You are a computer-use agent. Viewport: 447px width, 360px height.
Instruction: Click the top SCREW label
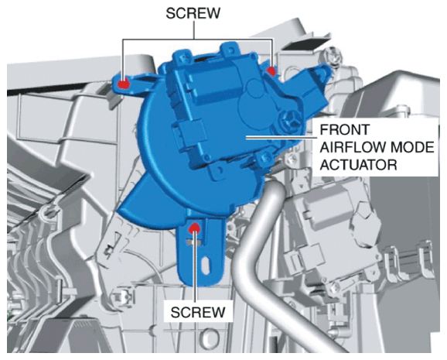193,13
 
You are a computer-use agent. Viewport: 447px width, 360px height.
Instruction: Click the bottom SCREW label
198,312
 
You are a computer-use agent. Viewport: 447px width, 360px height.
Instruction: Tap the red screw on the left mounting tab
124,84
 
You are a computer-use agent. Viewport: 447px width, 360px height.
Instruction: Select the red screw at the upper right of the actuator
271,70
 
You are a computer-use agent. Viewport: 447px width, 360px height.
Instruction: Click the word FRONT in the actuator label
344,130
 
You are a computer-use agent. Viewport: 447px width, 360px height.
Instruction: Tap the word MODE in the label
412,147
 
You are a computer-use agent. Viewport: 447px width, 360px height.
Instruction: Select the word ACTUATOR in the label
358,165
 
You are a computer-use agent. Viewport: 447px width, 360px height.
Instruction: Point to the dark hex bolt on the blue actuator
288,119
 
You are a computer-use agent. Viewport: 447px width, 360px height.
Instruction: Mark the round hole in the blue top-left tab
184,57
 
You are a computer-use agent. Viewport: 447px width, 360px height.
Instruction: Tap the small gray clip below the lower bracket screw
193,242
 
